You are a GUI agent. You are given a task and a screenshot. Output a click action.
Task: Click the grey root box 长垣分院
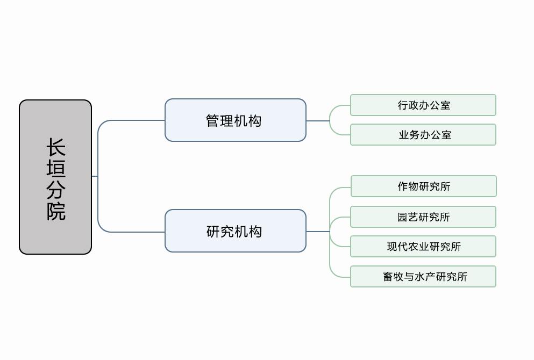pyautogui.click(x=55, y=177)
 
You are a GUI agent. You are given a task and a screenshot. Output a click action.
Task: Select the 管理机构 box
pyautogui.click(x=235, y=120)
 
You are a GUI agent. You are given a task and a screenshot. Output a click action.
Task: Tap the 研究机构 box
pyautogui.click(x=235, y=231)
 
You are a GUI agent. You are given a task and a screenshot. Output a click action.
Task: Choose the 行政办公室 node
pyautogui.click(x=423, y=105)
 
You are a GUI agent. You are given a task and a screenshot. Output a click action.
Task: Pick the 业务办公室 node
pyautogui.click(x=423, y=135)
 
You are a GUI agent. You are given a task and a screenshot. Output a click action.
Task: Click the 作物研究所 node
pyautogui.click(x=423, y=186)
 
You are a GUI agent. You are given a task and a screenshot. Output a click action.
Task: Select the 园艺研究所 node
pyautogui.click(x=423, y=217)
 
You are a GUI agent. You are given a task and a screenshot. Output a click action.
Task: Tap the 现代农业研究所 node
pyautogui.click(x=423, y=247)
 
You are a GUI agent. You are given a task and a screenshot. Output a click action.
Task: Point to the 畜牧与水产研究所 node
pyautogui.click(x=423, y=277)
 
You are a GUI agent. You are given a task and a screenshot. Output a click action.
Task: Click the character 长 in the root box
pyautogui.click(x=56, y=148)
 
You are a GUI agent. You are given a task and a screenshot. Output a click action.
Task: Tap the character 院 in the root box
pyautogui.click(x=56, y=211)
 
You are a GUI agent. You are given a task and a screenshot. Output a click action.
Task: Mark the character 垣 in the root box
pyautogui.click(x=56, y=168)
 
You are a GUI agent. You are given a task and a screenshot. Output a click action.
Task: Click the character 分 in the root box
pyautogui.click(x=56, y=189)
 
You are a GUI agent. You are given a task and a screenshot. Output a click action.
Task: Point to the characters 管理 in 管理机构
pyautogui.click(x=219, y=121)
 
